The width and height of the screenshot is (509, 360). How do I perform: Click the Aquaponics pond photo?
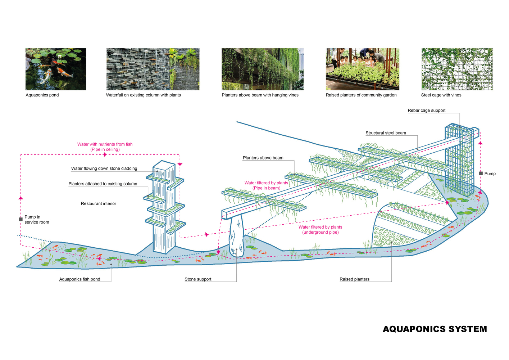click(x=56, y=69)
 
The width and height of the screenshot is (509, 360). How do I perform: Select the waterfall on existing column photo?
click(x=153, y=69)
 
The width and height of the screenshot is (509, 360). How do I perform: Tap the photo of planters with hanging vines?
click(x=263, y=69)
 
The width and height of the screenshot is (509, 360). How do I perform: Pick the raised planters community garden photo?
click(x=363, y=69)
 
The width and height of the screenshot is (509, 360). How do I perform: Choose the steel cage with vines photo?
click(x=457, y=69)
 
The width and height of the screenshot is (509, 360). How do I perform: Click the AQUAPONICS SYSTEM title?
click(x=435, y=329)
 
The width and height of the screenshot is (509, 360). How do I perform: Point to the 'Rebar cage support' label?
click(x=427, y=111)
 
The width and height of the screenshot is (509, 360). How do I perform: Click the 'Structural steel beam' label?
click(x=386, y=133)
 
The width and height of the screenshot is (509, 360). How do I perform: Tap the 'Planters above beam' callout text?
click(x=263, y=158)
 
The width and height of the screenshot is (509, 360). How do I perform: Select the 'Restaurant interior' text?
click(x=99, y=203)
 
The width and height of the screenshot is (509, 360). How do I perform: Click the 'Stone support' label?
click(x=198, y=279)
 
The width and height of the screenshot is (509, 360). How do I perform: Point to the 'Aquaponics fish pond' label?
click(x=79, y=279)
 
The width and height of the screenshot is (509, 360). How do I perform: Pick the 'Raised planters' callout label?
click(x=354, y=279)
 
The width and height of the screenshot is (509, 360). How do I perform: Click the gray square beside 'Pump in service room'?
click(x=21, y=219)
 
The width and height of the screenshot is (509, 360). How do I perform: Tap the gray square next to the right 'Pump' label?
click(x=481, y=174)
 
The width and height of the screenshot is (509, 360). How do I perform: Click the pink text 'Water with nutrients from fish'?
click(x=105, y=144)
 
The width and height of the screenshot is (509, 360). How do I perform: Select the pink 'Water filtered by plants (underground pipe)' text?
click(x=320, y=230)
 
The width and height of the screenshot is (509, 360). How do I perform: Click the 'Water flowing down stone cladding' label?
click(x=104, y=168)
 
